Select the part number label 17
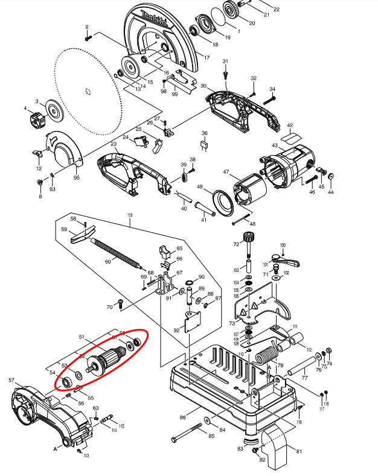pos(206,58)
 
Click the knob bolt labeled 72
pos(247,241)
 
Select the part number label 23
pos(114,144)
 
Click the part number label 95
pos(77,177)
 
